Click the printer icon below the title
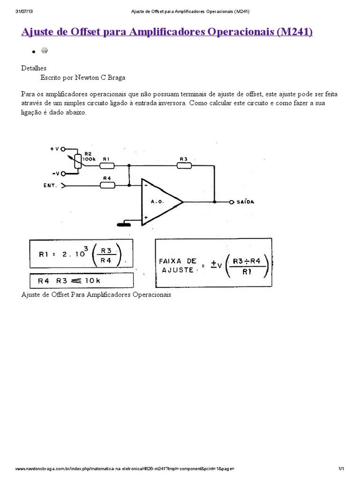click(45, 50)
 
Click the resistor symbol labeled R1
click(107, 165)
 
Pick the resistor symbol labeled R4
click(107, 185)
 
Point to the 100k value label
click(89, 159)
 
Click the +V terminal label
click(54, 149)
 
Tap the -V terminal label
click(54, 173)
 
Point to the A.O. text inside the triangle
click(157, 202)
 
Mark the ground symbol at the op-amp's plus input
click(124, 224)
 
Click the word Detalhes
click(34, 68)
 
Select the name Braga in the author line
click(115, 77)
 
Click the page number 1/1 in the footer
click(341, 469)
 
